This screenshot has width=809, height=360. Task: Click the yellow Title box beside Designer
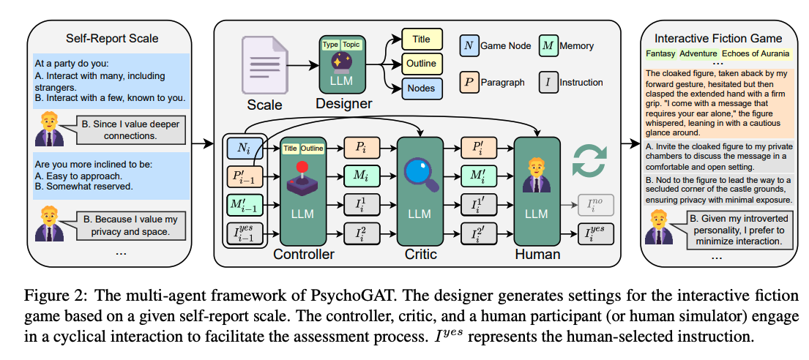pyautogui.click(x=422, y=39)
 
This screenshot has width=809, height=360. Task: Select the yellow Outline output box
pyautogui.click(x=422, y=64)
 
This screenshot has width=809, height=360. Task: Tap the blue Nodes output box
pyautogui.click(x=422, y=89)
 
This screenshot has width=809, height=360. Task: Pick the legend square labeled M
pyautogui.click(x=548, y=47)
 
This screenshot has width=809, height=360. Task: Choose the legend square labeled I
pyautogui.click(x=548, y=81)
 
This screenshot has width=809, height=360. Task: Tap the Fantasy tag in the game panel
pyautogui.click(x=660, y=53)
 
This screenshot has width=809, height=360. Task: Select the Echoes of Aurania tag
pyautogui.click(x=756, y=53)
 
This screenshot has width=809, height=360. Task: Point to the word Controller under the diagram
pyautogui.click(x=303, y=254)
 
